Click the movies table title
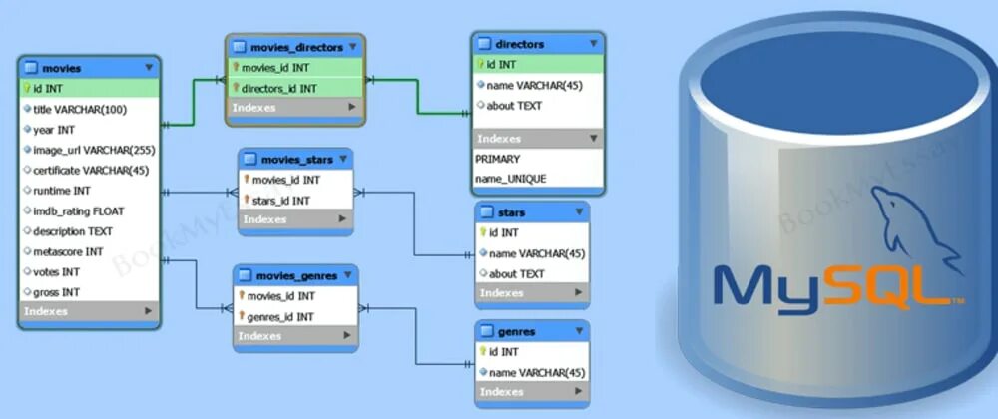click(61, 68)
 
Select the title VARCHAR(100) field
click(80, 109)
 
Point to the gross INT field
click(57, 292)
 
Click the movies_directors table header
click(296, 47)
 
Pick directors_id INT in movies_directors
click(279, 88)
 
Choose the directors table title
click(519, 44)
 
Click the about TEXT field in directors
click(515, 105)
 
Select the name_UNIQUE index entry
click(510, 179)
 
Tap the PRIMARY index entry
click(497, 159)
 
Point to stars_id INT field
click(280, 201)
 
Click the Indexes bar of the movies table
click(88, 312)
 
